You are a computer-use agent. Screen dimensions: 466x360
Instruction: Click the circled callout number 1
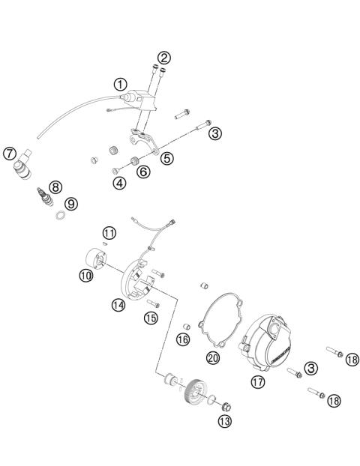pos(119,83)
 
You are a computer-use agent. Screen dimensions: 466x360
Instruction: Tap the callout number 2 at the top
pos(163,57)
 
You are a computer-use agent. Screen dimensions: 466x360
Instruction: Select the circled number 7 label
pos(10,155)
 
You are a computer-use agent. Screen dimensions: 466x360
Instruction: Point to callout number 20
pos(212,358)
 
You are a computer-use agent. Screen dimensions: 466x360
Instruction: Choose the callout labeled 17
pos(258,381)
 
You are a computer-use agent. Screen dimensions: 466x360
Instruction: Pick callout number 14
pos(118,305)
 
